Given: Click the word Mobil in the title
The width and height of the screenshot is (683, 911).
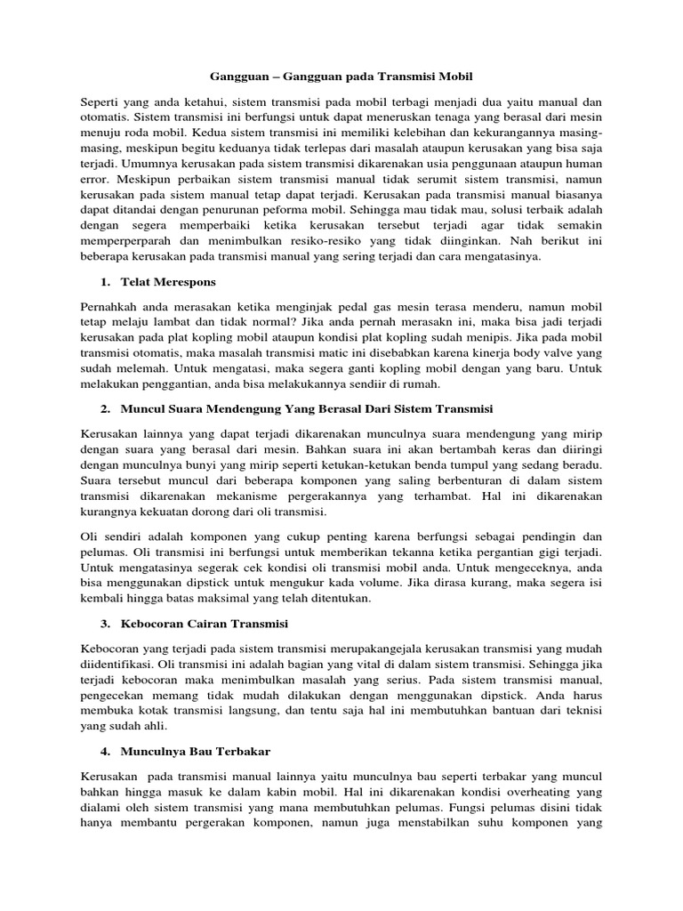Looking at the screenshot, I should pos(458,77).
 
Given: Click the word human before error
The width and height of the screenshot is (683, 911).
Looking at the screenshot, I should pos(582,164).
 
